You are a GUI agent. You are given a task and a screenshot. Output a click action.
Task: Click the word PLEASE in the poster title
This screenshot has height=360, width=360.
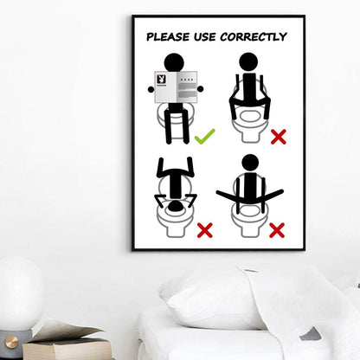169,37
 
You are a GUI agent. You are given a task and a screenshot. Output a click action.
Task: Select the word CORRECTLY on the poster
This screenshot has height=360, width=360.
255,37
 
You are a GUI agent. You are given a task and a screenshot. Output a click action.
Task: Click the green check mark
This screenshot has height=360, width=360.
205,136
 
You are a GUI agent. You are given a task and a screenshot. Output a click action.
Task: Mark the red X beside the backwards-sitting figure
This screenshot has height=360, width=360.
279,136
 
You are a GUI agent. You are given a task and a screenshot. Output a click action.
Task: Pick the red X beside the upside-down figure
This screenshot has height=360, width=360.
205,229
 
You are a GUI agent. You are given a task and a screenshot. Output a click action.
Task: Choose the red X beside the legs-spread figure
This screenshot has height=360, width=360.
277,229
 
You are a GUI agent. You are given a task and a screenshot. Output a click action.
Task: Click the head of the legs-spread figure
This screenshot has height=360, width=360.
250,162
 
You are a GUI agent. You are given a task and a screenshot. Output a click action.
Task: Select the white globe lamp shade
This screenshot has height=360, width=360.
19,294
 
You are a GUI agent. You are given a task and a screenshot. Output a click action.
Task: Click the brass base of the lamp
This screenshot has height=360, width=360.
12,341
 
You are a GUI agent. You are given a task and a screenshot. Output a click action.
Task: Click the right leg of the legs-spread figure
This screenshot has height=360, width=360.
271,196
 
